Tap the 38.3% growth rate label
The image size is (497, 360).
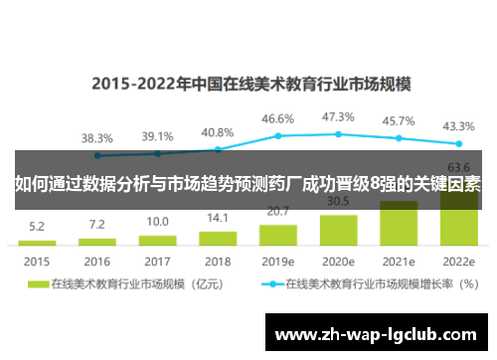(96, 138)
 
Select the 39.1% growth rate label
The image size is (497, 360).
(157, 136)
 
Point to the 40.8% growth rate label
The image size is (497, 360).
(218, 132)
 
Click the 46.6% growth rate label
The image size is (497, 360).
(278, 118)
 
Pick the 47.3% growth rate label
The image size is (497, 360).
(339, 116)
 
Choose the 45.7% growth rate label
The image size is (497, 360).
(399, 121)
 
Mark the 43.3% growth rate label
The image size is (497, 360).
(459, 126)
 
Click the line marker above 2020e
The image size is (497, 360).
(339, 133)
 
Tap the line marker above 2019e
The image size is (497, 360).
(278, 135)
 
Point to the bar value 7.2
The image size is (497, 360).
(96, 225)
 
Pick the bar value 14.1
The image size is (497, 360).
(218, 219)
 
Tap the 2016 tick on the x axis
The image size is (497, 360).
(96, 262)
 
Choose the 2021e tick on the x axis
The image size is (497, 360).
(399, 262)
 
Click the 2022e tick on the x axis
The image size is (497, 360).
(459, 262)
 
